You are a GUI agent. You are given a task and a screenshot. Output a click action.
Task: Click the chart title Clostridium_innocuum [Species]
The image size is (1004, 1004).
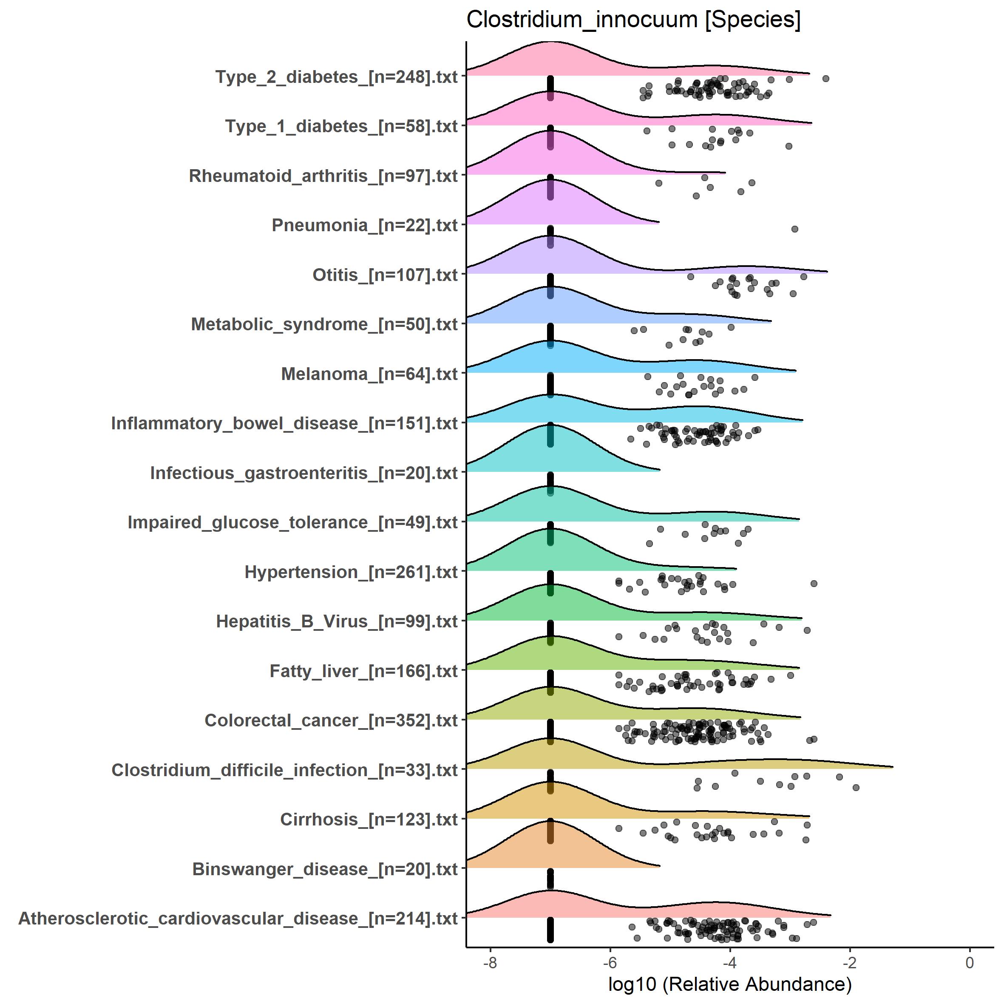click(x=633, y=20)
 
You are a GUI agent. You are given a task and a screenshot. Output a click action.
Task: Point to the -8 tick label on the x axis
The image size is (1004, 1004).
click(x=490, y=963)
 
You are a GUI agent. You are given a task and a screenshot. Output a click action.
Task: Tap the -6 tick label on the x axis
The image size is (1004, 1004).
click(x=610, y=963)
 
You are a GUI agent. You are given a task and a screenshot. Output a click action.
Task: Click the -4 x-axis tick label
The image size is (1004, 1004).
click(x=729, y=963)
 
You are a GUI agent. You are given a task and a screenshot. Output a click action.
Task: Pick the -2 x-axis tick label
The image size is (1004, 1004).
click(x=849, y=963)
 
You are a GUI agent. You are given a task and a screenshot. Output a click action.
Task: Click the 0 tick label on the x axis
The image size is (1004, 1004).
click(x=970, y=963)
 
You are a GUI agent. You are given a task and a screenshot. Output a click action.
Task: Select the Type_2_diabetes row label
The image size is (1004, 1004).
click(x=336, y=77)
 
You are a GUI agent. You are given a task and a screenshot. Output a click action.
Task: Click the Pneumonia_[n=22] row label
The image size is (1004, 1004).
click(x=364, y=226)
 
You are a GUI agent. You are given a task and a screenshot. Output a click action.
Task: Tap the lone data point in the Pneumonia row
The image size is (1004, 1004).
click(x=794, y=229)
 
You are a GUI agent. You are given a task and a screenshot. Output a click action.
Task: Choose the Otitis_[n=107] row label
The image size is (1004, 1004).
click(x=385, y=275)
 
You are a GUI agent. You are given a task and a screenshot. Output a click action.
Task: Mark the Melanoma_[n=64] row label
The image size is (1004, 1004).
click(x=369, y=374)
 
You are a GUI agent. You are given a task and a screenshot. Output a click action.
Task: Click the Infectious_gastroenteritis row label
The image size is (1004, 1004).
click(x=303, y=474)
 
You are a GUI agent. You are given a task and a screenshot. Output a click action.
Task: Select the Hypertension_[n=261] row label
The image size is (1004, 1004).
click(x=351, y=572)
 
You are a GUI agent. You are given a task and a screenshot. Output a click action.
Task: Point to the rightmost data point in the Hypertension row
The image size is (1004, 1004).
click(x=814, y=584)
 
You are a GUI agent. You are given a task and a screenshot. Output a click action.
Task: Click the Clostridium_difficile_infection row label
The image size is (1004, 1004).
click(x=284, y=770)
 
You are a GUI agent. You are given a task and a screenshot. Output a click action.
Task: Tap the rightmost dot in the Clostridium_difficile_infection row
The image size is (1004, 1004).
click(x=856, y=788)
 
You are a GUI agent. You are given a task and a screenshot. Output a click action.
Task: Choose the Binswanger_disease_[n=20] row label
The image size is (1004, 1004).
click(x=325, y=869)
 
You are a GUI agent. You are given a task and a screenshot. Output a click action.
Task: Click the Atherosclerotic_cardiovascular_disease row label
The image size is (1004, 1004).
click(x=238, y=919)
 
